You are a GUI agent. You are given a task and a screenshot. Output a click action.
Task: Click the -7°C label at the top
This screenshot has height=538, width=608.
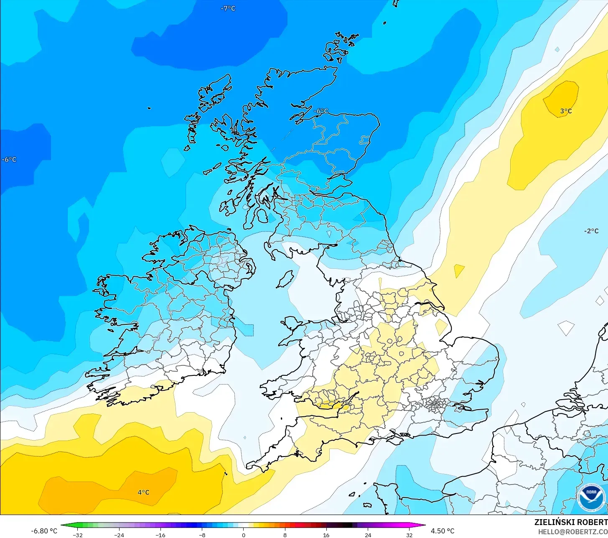pyautogui.click(x=228, y=8)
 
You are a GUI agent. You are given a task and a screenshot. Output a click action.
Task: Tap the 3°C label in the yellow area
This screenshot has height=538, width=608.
pyautogui.click(x=566, y=111)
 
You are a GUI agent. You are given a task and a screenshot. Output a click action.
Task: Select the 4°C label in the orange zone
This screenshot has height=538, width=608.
pyautogui.click(x=143, y=492)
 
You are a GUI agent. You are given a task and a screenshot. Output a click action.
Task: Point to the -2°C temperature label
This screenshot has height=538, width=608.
pyautogui.click(x=591, y=231)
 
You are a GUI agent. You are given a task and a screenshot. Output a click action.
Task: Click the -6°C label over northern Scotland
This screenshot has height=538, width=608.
pyautogui.click(x=321, y=111)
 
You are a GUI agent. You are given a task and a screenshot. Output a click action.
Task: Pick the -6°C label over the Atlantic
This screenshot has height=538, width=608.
pyautogui.click(x=9, y=160)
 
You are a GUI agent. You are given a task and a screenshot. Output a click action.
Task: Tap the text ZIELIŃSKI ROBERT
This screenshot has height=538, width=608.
pyautogui.click(x=571, y=522)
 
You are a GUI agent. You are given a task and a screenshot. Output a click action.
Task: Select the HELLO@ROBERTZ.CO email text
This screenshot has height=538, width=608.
pyautogui.click(x=572, y=532)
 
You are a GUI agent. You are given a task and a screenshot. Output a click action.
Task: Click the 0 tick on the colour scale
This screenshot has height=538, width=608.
pyautogui.click(x=244, y=535)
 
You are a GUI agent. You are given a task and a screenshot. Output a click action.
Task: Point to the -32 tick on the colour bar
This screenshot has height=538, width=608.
pyautogui.click(x=77, y=535)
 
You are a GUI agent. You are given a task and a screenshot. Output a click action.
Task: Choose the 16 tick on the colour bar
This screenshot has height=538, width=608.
pyautogui.click(x=326, y=535)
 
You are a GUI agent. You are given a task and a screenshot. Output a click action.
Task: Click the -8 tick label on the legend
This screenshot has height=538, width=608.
pyautogui.click(x=202, y=535)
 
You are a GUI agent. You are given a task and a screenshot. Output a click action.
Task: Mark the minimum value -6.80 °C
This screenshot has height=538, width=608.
pyautogui.click(x=44, y=531)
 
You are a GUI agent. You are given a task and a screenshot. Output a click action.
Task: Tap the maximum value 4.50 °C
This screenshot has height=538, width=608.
pyautogui.click(x=443, y=531)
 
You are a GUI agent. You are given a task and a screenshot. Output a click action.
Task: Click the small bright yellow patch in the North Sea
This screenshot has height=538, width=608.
pyautogui.click(x=459, y=270)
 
